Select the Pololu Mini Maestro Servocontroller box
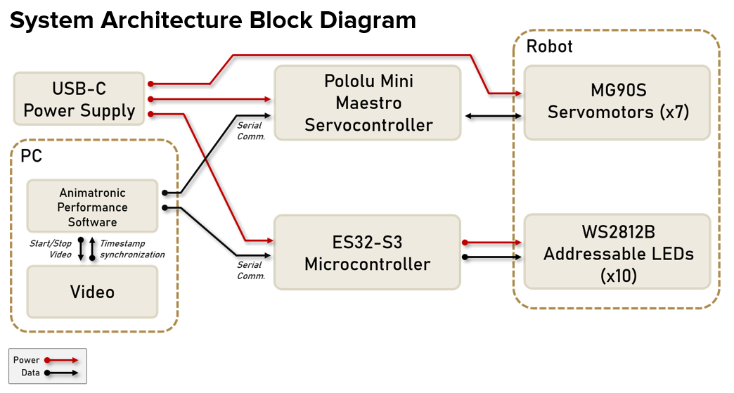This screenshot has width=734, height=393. pos(367,103)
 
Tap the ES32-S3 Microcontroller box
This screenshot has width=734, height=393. pos(367,253)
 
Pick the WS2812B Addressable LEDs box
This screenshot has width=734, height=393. pos(617,253)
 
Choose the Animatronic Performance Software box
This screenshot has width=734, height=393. pos(92,207)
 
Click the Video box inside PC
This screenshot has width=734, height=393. pos(92,291)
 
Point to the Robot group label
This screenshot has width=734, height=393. pos(549,46)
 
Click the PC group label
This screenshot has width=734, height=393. pos(31,155)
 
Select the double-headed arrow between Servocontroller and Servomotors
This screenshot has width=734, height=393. pos(492,115)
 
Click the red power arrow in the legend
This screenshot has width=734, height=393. pos(61,360)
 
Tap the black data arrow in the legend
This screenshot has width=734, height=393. pos(61,373)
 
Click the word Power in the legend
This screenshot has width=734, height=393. pos(27,360)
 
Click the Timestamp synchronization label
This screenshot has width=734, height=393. pos(132,249)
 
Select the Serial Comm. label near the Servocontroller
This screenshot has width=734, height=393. pos(250,131)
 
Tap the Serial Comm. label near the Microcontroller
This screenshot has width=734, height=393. pos(250,270)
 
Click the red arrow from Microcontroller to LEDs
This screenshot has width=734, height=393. pos(492,243)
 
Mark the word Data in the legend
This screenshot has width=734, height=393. pos(30,373)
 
